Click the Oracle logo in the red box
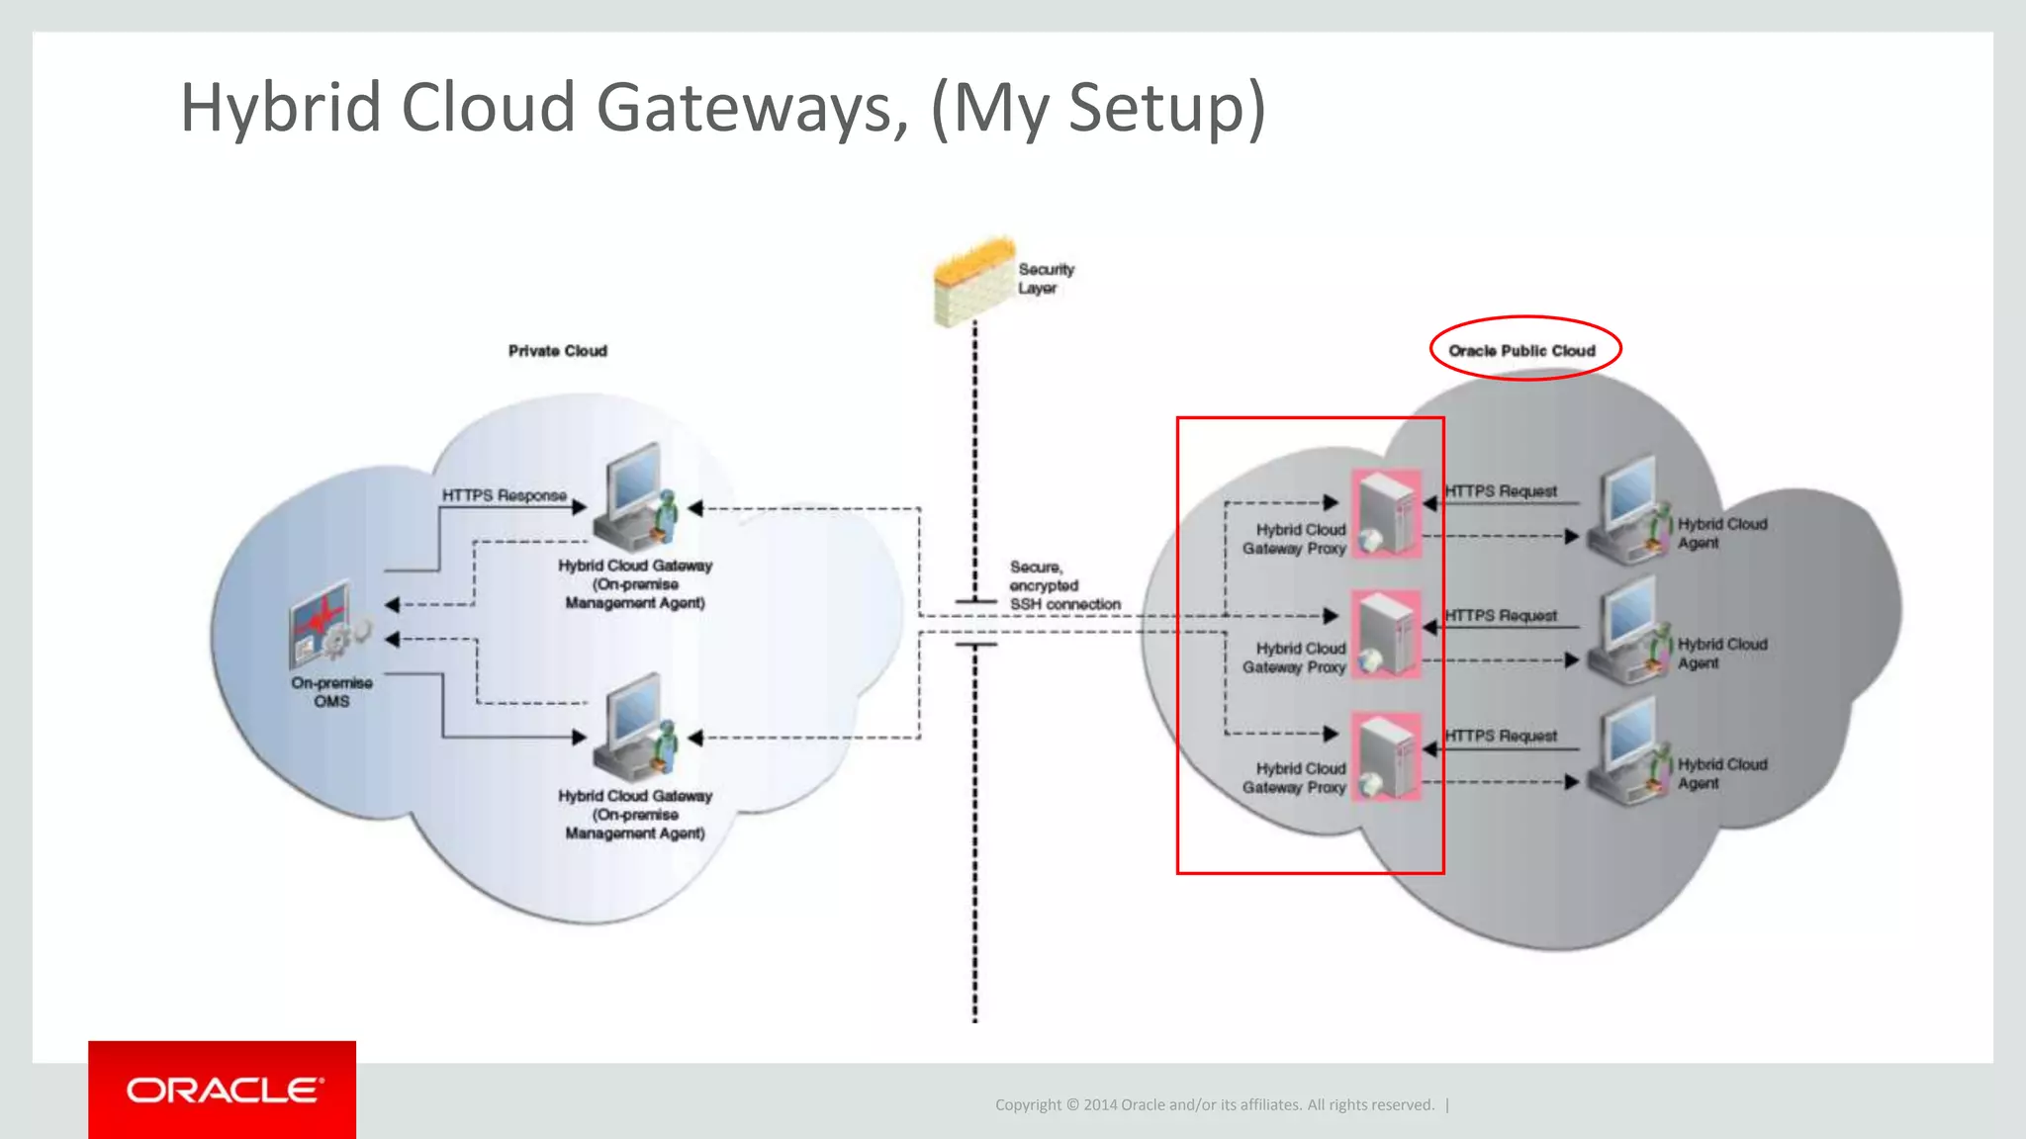point(223,1090)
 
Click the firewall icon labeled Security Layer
point(974,282)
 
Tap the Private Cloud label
point(557,351)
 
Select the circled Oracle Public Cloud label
point(1521,350)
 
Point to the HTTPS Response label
point(504,495)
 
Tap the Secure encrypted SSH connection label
point(1063,585)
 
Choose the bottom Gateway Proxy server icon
point(1386,756)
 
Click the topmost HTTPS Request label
point(1500,491)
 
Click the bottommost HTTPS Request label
point(1500,736)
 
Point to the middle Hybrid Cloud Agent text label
point(1721,653)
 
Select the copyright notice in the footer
point(1214,1104)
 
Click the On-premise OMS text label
point(331,691)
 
